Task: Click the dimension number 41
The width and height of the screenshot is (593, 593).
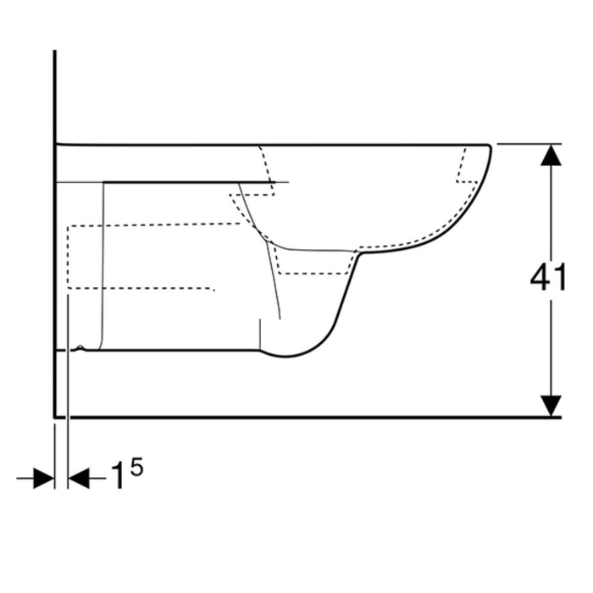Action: click(x=548, y=277)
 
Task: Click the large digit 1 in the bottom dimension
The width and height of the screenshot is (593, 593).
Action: click(x=119, y=475)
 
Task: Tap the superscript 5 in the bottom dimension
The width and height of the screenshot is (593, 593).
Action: click(x=136, y=467)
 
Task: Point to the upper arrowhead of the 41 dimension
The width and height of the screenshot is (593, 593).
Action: click(x=551, y=155)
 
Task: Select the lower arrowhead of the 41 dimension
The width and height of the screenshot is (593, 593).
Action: click(x=551, y=406)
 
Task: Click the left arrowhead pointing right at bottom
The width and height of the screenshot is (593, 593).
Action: click(x=44, y=479)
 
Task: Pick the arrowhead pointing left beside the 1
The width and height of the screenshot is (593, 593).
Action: click(x=79, y=479)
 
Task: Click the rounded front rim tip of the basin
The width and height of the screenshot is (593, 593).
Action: click(x=490, y=147)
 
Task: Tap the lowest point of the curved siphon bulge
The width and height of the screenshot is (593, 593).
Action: click(x=286, y=357)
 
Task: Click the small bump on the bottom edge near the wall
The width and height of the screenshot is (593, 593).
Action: click(x=80, y=347)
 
